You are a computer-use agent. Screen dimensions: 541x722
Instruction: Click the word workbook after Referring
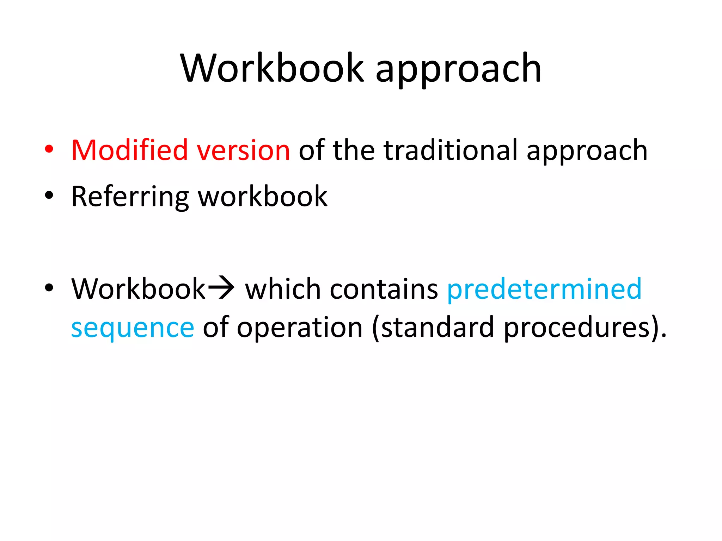click(263, 197)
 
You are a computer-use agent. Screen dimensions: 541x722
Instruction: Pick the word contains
click(384, 289)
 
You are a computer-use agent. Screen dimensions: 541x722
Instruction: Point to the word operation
click(300, 328)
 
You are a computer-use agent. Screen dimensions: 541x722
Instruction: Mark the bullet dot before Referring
click(49, 195)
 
